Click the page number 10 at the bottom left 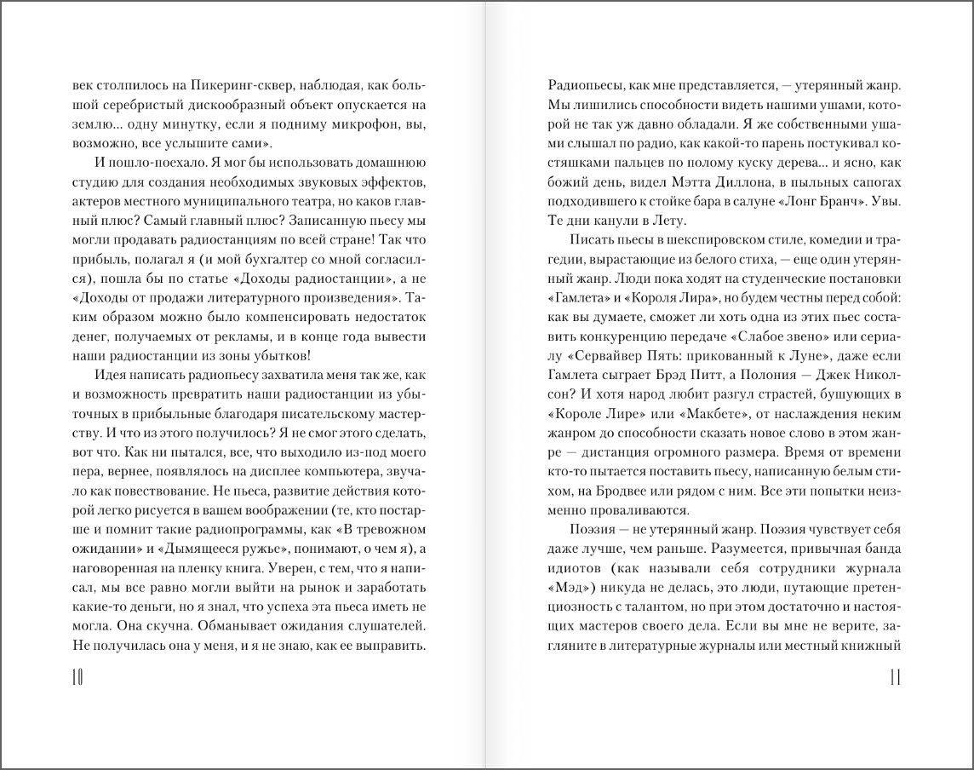click(75, 677)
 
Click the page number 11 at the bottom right click(895, 677)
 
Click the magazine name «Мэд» click(567, 587)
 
